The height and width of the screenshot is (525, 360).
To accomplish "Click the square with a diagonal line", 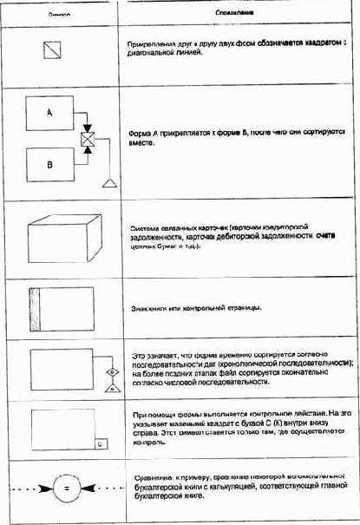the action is tap(52, 50).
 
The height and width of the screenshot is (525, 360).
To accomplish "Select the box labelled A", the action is tap(49, 114).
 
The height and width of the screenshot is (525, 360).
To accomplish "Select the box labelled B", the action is tap(49, 161).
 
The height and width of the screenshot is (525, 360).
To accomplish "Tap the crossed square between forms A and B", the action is tap(88, 139).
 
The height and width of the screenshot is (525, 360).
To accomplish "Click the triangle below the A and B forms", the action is tap(109, 183).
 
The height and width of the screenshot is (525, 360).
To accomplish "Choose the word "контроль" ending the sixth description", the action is tap(145, 442).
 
